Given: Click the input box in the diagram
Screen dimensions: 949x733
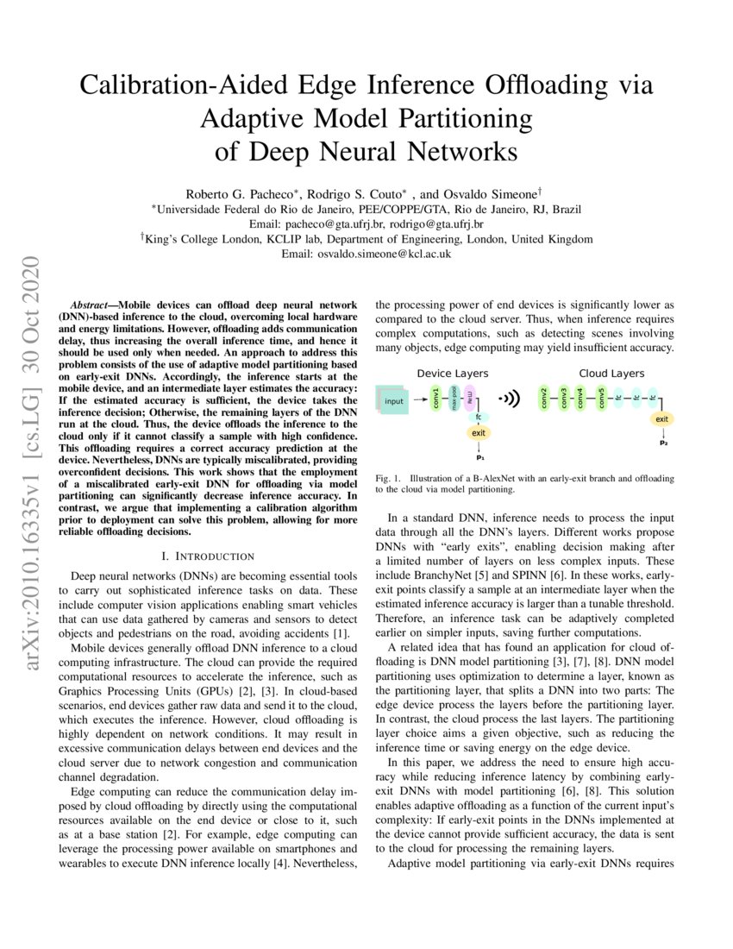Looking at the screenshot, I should pyautogui.click(x=394, y=401).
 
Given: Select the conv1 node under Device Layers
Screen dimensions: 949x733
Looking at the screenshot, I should pyautogui.click(x=435, y=399).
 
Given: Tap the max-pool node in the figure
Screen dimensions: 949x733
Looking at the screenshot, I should pyautogui.click(x=454, y=399).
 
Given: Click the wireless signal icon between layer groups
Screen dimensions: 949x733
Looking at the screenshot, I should pyautogui.click(x=511, y=399).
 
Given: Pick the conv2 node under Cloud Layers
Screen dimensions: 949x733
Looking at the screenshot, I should pyautogui.click(x=544, y=399).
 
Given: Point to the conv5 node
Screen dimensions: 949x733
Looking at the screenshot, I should pyautogui.click(x=601, y=399).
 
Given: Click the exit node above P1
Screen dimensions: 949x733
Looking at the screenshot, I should pyautogui.click(x=479, y=432).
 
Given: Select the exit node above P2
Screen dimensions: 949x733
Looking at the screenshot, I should pyautogui.click(x=662, y=419).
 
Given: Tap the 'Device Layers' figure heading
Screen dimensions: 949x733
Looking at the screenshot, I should pyautogui.click(x=453, y=374).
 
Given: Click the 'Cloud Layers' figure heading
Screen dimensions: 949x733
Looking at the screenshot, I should pyautogui.click(x=611, y=374).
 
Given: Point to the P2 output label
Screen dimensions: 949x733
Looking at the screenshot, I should pyautogui.click(x=663, y=443).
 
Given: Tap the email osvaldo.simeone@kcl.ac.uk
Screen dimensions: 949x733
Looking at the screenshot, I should pyautogui.click(x=384, y=255).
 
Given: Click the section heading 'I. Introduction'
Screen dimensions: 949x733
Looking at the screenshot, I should pyautogui.click(x=214, y=556).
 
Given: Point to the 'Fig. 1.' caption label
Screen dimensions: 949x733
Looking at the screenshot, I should pyautogui.click(x=389, y=478).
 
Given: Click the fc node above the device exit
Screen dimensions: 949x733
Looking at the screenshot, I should pyautogui.click(x=479, y=417).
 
